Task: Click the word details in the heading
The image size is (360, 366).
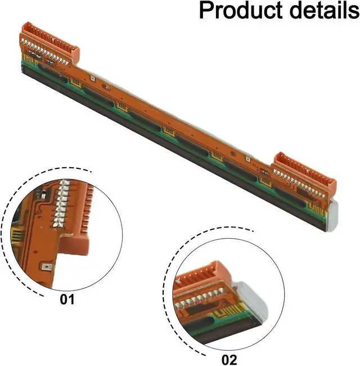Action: point(320,11)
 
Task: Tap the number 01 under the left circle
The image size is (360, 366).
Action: point(67,300)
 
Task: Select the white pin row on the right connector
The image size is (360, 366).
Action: point(298,180)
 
